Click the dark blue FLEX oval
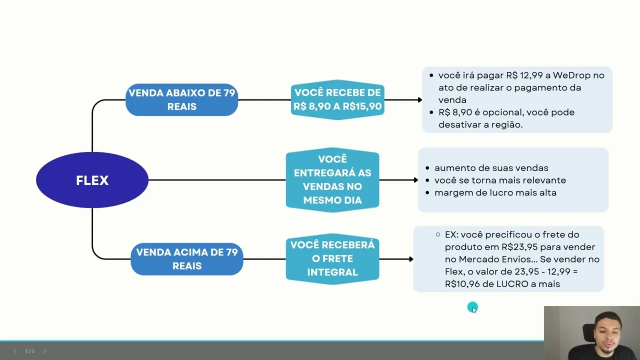[x=92, y=180]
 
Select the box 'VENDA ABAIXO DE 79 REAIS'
[x=181, y=99]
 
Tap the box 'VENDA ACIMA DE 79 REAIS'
[x=186, y=259]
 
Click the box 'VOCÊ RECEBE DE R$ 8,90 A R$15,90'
[x=337, y=99]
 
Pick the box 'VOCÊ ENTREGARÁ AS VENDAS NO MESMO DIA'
[x=332, y=180]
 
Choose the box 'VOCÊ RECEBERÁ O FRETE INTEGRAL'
[x=332, y=259]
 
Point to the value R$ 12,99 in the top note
[x=524, y=75]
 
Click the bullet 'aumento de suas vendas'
[x=491, y=168]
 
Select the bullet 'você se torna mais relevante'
[x=500, y=180]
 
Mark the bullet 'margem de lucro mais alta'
[x=495, y=193]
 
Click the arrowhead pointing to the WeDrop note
[x=420, y=100]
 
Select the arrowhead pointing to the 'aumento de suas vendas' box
[x=415, y=180]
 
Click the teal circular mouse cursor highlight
[x=472, y=307]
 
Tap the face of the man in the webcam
[x=606, y=330]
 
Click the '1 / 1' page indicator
[x=30, y=351]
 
